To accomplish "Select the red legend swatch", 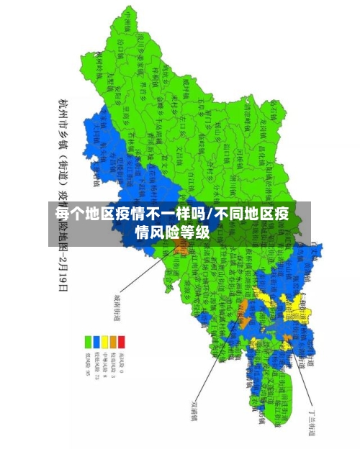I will tap(122, 341).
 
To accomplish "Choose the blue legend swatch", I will tap(97, 341).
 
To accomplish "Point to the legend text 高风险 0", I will tap(122, 364).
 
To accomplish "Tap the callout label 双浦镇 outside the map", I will tap(193, 409).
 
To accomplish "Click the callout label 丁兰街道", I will tap(312, 417).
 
